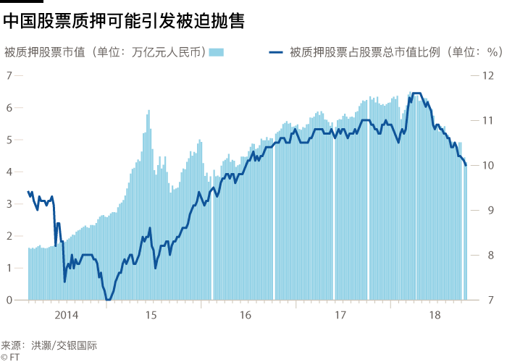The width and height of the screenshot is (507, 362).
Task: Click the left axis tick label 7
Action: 9,75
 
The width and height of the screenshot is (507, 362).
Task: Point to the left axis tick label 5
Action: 9,140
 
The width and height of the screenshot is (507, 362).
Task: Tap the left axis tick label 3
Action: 9,203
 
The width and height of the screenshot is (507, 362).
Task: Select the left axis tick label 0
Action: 9,300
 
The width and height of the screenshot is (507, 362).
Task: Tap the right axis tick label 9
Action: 488,210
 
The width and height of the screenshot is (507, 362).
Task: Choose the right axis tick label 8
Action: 488,255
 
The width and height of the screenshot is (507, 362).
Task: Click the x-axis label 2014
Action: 66,315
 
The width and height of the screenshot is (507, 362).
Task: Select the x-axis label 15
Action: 151,315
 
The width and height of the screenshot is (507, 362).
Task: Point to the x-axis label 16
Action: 245,315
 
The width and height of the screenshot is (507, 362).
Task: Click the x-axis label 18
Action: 435,315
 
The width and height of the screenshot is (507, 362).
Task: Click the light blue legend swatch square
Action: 217,52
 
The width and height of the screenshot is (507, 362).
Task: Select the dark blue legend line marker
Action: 276,52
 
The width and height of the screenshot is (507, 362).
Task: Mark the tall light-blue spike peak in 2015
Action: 148,111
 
